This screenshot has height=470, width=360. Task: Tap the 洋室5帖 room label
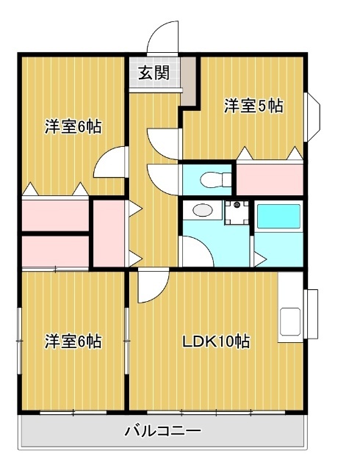(253, 106)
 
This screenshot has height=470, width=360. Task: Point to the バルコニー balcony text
(162, 430)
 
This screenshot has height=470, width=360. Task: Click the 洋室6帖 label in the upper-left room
(73, 126)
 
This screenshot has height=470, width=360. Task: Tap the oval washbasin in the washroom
(199, 211)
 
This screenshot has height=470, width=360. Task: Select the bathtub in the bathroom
(278, 218)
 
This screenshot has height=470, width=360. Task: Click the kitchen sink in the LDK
(289, 321)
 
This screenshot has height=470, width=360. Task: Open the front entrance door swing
(163, 37)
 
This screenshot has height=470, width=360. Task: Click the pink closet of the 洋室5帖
(270, 178)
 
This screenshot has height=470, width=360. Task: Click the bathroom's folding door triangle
(259, 257)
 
